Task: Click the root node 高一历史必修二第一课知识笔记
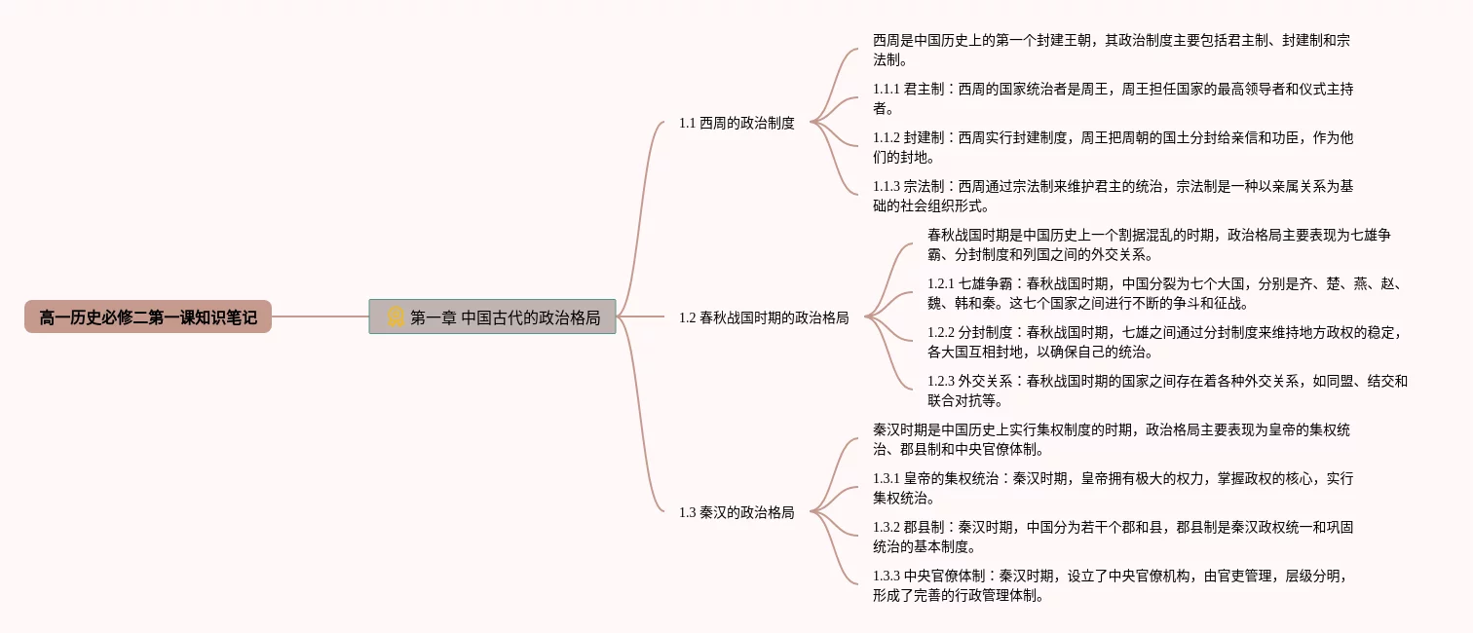coord(148,317)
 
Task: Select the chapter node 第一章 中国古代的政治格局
coord(493,317)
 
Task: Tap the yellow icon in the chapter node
coord(396,316)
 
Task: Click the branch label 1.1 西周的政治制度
coord(736,123)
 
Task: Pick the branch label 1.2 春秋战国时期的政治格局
coord(764,317)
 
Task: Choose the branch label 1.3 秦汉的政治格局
coord(736,512)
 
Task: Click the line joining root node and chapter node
coord(320,316)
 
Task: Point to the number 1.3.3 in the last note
coord(887,576)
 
